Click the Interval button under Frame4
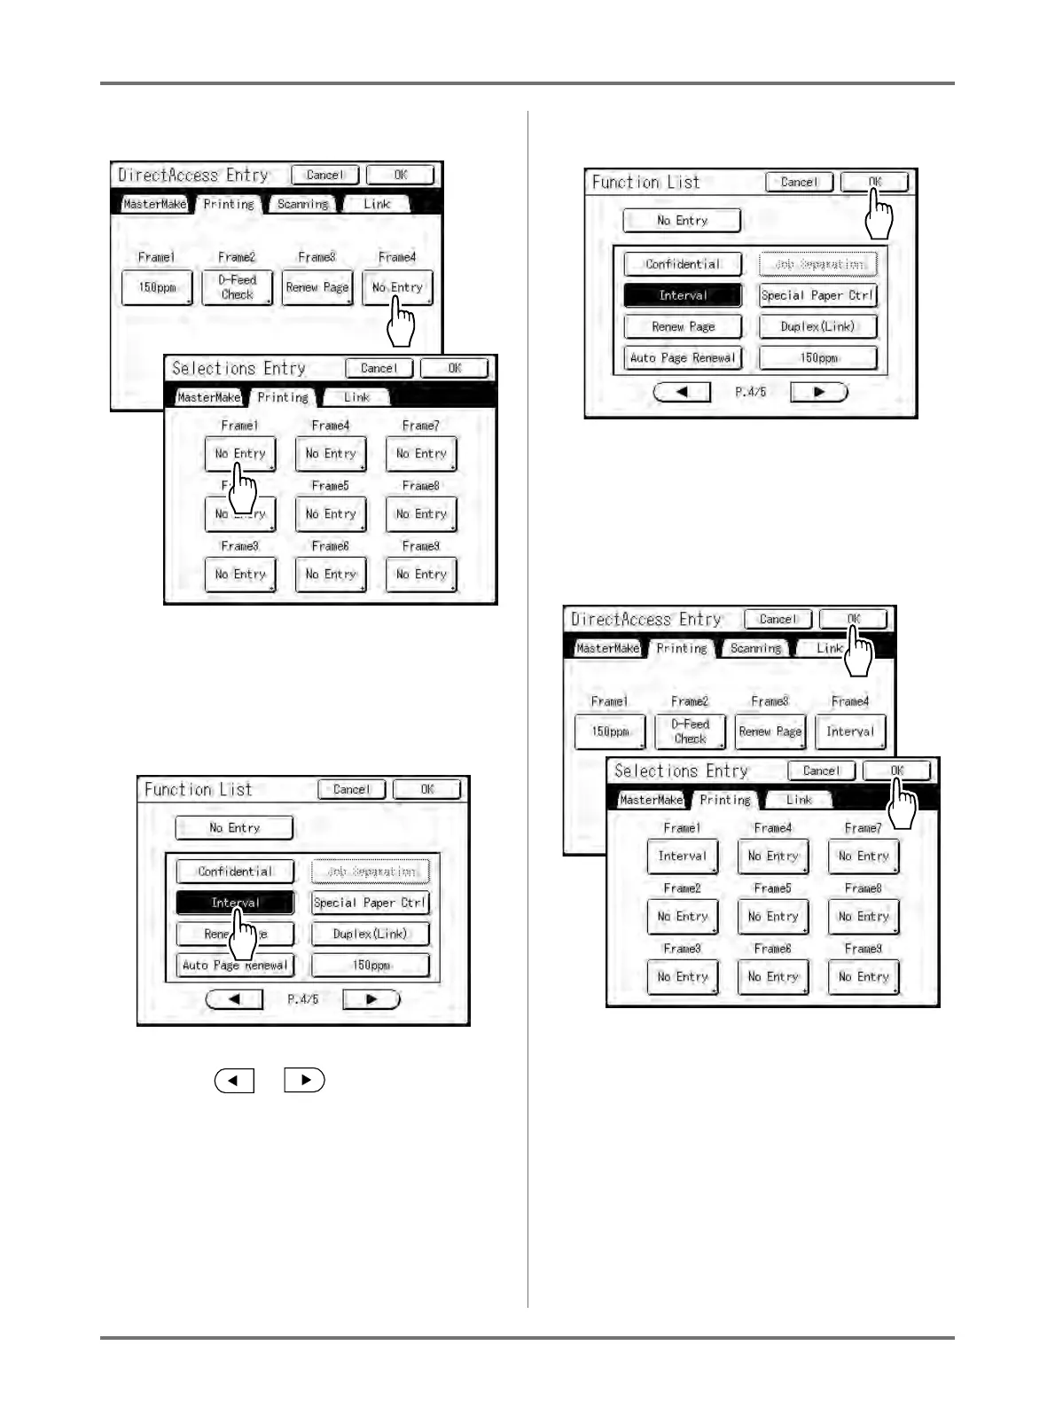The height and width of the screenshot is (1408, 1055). coord(850,732)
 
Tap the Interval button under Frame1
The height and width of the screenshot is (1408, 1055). coord(683,857)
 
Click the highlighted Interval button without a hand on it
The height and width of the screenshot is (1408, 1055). coord(683,295)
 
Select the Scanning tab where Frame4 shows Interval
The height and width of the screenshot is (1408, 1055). coord(755,649)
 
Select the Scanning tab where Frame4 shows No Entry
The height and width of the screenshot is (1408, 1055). coord(302,205)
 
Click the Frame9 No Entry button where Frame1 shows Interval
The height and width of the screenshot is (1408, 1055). coord(864,977)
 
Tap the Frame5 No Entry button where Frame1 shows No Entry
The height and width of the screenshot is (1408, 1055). coord(331,514)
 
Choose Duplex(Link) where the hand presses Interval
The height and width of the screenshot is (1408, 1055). coord(370,935)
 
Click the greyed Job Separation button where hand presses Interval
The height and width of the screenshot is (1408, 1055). coord(370,872)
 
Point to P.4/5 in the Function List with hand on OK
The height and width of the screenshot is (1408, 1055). coord(750,392)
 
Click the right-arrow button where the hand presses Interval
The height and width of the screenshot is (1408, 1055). coord(371,999)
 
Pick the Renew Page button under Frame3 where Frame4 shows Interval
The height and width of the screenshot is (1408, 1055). coord(770,732)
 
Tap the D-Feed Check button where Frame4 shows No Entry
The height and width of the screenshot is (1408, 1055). coord(237,288)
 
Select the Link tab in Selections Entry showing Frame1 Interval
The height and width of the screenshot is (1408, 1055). coord(799,800)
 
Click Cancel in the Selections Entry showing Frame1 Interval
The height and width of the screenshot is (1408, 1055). coord(821,771)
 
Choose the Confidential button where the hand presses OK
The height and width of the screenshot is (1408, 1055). coord(683,264)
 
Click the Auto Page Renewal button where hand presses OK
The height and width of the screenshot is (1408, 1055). coord(683,358)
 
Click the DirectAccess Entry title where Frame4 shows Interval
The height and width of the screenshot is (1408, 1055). coord(646,620)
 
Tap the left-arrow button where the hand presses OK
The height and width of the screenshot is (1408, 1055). coord(682,392)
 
